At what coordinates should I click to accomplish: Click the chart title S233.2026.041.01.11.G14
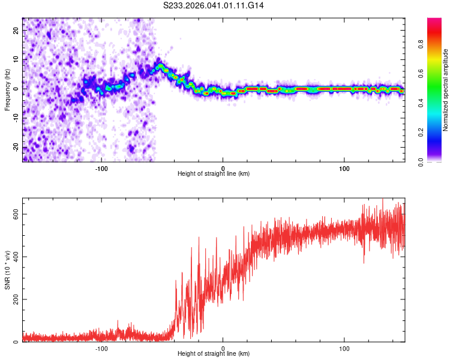coord(214,5)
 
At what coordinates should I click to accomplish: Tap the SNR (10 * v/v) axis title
coord(7,270)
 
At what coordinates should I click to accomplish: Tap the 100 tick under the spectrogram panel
coord(344,167)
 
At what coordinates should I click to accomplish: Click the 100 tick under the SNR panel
coord(344,348)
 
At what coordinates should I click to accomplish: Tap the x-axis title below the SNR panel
coord(214,355)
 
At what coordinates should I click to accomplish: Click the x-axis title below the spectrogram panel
coord(214,174)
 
